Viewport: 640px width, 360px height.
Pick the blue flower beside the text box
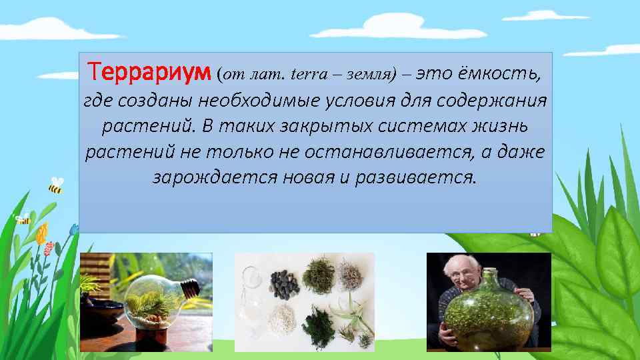click(x=74, y=229)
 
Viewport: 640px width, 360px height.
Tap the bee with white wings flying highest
click(x=56, y=185)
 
